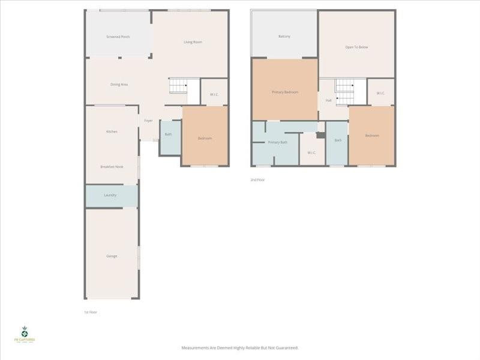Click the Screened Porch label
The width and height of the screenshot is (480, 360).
click(118, 37)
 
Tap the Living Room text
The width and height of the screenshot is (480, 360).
click(193, 42)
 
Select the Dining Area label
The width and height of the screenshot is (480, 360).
click(119, 85)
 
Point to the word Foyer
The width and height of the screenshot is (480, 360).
click(148, 121)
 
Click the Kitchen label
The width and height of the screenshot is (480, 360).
click(112, 131)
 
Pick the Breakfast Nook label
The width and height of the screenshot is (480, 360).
click(112, 166)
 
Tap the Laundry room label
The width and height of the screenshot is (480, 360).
click(110, 195)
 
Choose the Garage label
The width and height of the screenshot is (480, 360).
click(112, 256)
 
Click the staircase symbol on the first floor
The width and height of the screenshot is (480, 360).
click(179, 86)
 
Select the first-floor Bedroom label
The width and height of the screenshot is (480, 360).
click(205, 139)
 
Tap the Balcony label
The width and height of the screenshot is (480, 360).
click(284, 37)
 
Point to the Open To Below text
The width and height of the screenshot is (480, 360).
click(356, 47)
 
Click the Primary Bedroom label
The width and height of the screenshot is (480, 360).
click(285, 92)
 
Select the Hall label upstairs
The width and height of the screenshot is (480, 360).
click(328, 100)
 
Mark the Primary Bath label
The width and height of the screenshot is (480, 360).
click(278, 142)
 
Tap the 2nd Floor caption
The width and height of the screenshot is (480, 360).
click(257, 179)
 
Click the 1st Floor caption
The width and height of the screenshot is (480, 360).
click(91, 312)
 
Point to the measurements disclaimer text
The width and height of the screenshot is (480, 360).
click(240, 347)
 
